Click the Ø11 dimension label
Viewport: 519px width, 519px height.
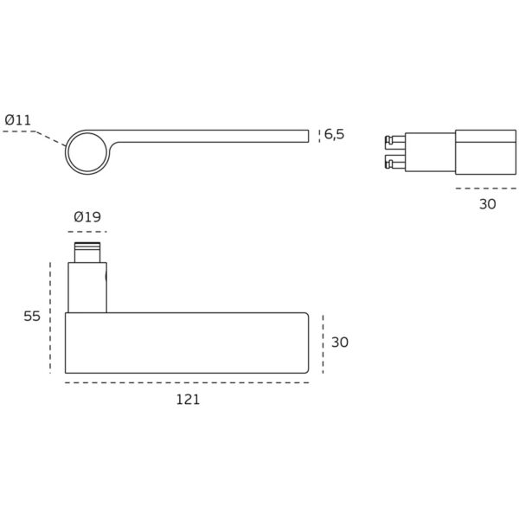18,120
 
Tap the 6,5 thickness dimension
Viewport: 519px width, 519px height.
334,134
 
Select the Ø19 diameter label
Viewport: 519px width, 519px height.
87,217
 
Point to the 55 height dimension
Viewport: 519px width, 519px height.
32,316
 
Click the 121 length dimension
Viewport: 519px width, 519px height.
188,400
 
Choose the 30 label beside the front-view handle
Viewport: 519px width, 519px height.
340,343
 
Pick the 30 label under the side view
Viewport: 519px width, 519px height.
488,204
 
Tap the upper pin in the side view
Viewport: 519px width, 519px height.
395,141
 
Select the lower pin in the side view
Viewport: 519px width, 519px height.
395,163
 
